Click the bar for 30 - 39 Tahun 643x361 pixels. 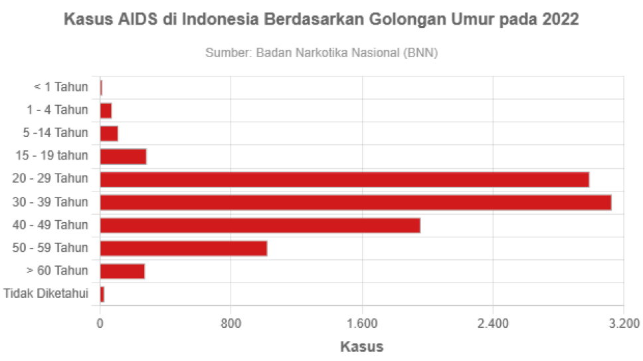coord(355,203)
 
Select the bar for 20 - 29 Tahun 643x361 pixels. coord(344,180)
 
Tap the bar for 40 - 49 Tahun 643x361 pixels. coord(260,225)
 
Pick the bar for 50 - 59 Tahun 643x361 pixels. coord(183,249)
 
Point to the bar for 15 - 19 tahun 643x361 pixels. coord(123,156)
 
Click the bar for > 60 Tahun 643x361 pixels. coord(122,271)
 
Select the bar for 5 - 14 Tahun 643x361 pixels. coord(109,133)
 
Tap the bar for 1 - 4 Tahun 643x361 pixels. coord(106,110)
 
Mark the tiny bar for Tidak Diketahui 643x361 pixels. coord(102,294)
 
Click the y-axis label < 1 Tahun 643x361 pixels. coord(60,87)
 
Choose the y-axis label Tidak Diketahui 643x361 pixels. coord(46,294)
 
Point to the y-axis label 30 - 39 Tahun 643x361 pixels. coord(50,202)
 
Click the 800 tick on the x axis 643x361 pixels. coord(230,324)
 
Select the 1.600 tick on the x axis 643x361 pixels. coord(362,324)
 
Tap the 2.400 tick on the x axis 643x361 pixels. coord(493,324)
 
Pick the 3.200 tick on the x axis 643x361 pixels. coord(624,324)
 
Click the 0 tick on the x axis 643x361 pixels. coord(100,324)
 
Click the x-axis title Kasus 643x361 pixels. coord(361,346)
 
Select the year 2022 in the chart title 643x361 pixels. coord(560,20)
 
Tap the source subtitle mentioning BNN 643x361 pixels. coord(321,53)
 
